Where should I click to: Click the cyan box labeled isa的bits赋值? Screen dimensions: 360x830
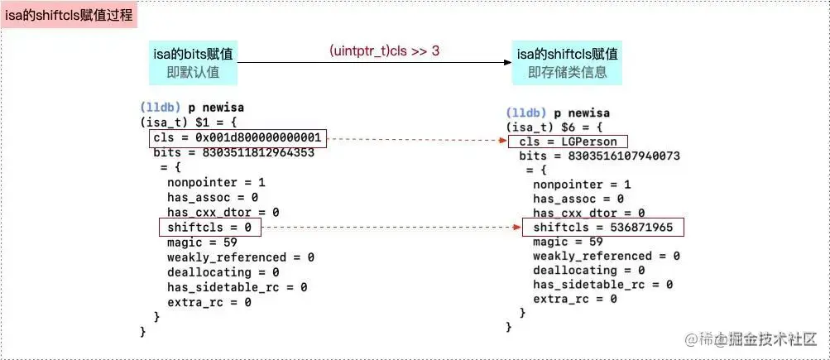(x=193, y=63)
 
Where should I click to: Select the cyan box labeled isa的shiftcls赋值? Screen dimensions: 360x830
(x=568, y=63)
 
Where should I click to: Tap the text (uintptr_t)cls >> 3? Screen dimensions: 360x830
(x=384, y=51)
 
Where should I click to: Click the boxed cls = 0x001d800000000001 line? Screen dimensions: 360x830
(x=240, y=137)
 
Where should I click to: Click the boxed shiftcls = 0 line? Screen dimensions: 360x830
(x=209, y=227)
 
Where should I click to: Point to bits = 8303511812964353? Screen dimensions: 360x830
(x=233, y=153)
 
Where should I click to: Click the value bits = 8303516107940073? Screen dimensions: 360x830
(x=599, y=156)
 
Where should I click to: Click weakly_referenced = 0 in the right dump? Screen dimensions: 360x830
(x=606, y=257)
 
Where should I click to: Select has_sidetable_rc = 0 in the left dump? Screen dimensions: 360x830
(x=237, y=287)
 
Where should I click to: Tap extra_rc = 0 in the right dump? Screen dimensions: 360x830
(x=574, y=299)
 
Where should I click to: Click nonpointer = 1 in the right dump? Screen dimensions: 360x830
(x=582, y=185)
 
